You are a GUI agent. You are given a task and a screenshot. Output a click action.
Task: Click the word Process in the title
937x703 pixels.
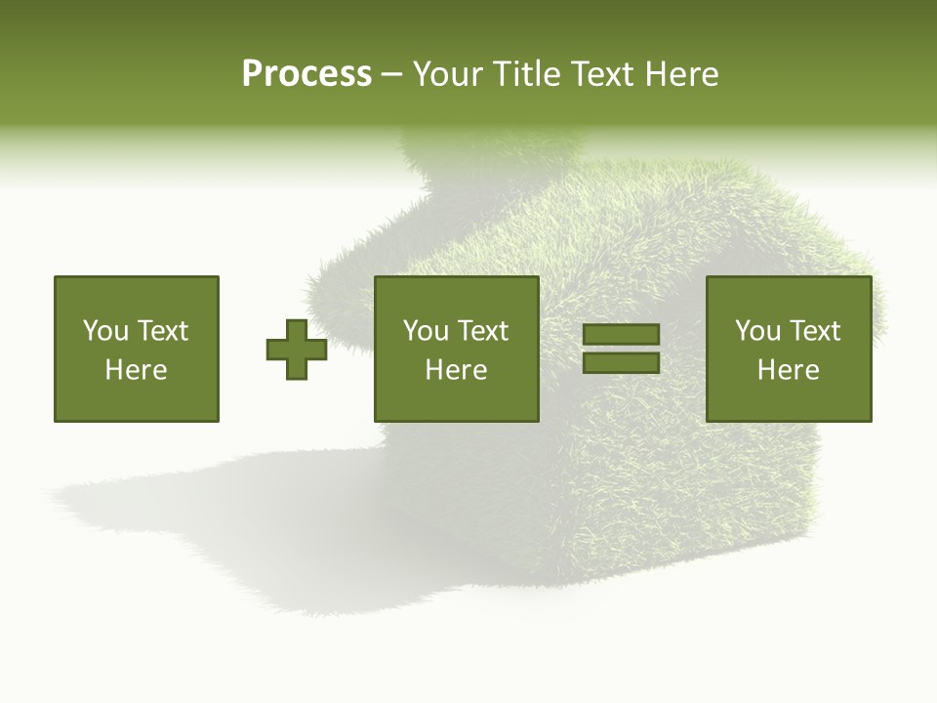tap(306, 74)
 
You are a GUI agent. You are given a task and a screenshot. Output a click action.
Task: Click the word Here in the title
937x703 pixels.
tap(684, 74)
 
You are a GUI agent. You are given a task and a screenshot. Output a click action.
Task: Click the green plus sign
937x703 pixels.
tap(297, 349)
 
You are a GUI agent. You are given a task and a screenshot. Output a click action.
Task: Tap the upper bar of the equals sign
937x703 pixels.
tap(622, 334)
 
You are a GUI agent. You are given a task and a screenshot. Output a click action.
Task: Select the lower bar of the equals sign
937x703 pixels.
tap(622, 363)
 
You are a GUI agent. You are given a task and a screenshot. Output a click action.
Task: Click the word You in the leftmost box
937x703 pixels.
tap(105, 331)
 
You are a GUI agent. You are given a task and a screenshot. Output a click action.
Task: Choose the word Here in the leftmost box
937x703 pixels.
tap(137, 370)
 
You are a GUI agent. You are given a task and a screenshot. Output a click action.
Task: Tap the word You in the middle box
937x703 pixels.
tap(426, 331)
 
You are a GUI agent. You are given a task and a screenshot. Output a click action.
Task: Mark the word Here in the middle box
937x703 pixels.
tap(457, 370)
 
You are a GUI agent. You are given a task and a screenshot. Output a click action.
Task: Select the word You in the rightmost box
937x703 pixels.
tap(757, 331)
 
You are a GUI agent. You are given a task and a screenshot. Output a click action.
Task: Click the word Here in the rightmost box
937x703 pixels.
tap(789, 370)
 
